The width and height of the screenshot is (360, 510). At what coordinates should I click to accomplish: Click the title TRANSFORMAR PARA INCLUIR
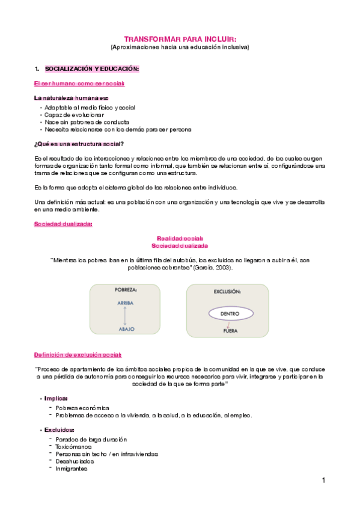tap(180, 37)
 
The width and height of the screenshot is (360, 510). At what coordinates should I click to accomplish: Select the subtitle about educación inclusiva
tap(180, 46)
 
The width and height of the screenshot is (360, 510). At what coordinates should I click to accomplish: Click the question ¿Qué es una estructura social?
tap(79, 143)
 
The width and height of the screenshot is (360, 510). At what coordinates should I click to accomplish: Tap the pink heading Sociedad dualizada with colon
tap(63, 224)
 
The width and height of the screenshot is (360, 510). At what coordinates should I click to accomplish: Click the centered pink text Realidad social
tap(180, 238)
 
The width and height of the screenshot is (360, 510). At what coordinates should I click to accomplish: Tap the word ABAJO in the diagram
tap(126, 329)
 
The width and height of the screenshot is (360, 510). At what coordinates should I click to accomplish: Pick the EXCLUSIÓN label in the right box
tap(227, 291)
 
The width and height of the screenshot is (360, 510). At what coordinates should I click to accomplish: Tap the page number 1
tap(323, 480)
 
